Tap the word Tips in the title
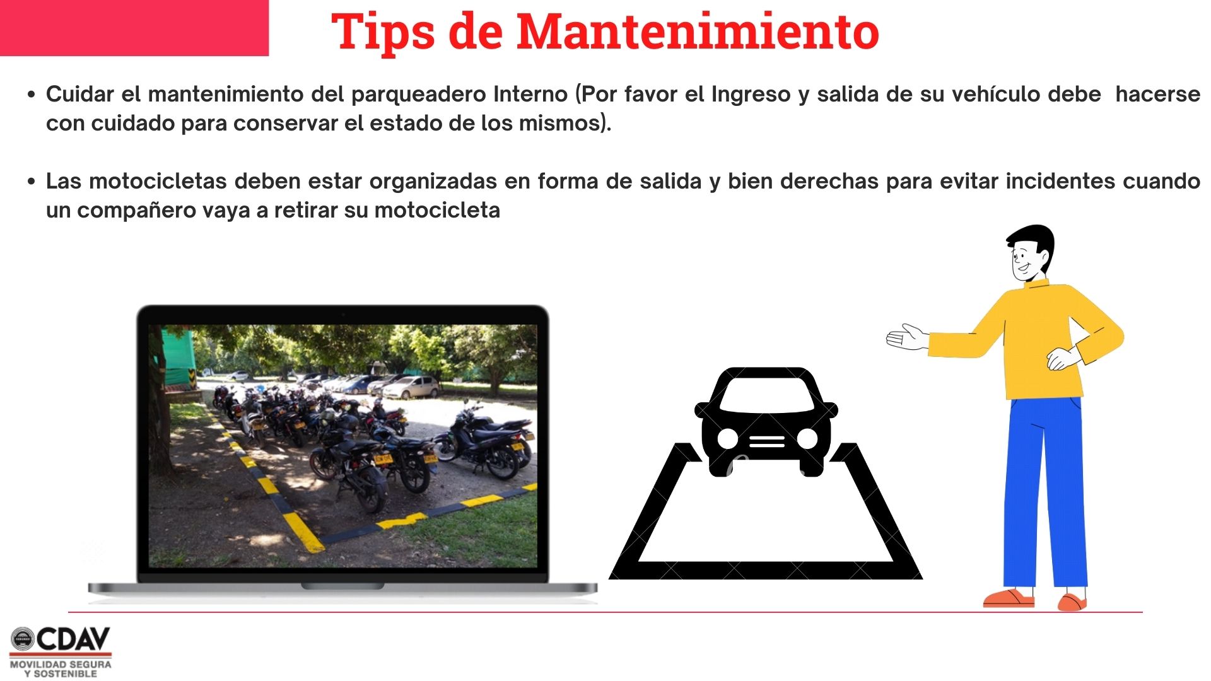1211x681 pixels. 383,32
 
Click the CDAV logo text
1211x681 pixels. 73,639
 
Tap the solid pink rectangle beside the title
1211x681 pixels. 134,28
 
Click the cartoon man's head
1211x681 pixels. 1030,252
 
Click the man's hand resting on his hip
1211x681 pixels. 1063,358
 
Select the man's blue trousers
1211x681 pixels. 1044,492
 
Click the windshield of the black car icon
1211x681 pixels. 766,395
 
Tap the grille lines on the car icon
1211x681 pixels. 767,440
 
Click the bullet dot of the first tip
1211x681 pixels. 32,95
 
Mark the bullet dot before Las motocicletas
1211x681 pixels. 32,182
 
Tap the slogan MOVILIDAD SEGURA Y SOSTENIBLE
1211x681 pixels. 61,669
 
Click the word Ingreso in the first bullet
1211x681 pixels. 751,95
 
